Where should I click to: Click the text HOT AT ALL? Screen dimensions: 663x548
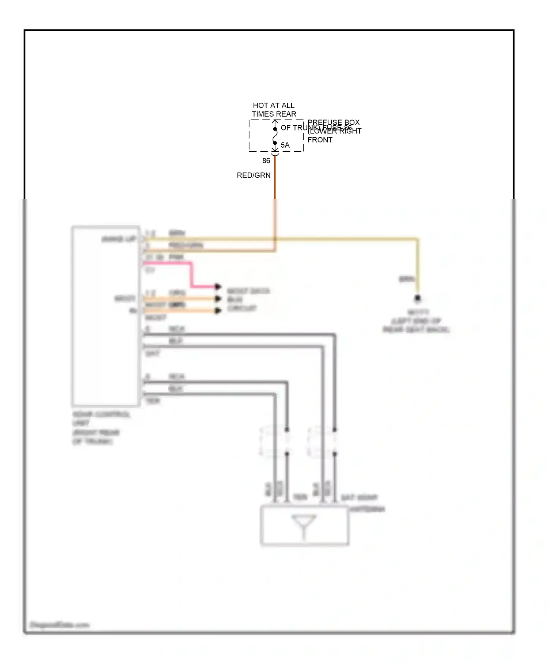click(273, 105)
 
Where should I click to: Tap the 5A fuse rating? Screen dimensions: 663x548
click(285, 145)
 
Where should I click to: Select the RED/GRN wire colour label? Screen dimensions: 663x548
click(254, 175)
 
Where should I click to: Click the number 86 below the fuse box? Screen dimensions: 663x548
click(266, 161)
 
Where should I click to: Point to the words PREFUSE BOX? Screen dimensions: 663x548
click(333, 122)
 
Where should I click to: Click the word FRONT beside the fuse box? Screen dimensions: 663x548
click(320, 140)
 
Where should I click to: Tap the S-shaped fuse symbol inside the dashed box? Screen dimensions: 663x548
click(275, 136)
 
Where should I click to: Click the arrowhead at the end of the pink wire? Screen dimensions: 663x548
click(218, 287)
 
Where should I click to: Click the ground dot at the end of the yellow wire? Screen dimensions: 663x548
click(418, 298)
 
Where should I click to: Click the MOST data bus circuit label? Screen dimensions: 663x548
click(247, 299)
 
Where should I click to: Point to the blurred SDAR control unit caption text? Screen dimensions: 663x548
click(100, 428)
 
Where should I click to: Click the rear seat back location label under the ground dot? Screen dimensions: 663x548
click(416, 322)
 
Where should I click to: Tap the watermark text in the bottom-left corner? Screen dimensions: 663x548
click(59, 625)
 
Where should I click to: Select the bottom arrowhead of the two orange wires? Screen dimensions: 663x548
click(218, 311)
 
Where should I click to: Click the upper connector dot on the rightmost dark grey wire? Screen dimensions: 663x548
click(335, 430)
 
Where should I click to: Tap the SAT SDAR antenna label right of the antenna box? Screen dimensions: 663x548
click(362, 503)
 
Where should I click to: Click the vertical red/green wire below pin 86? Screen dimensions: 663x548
click(275, 183)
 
